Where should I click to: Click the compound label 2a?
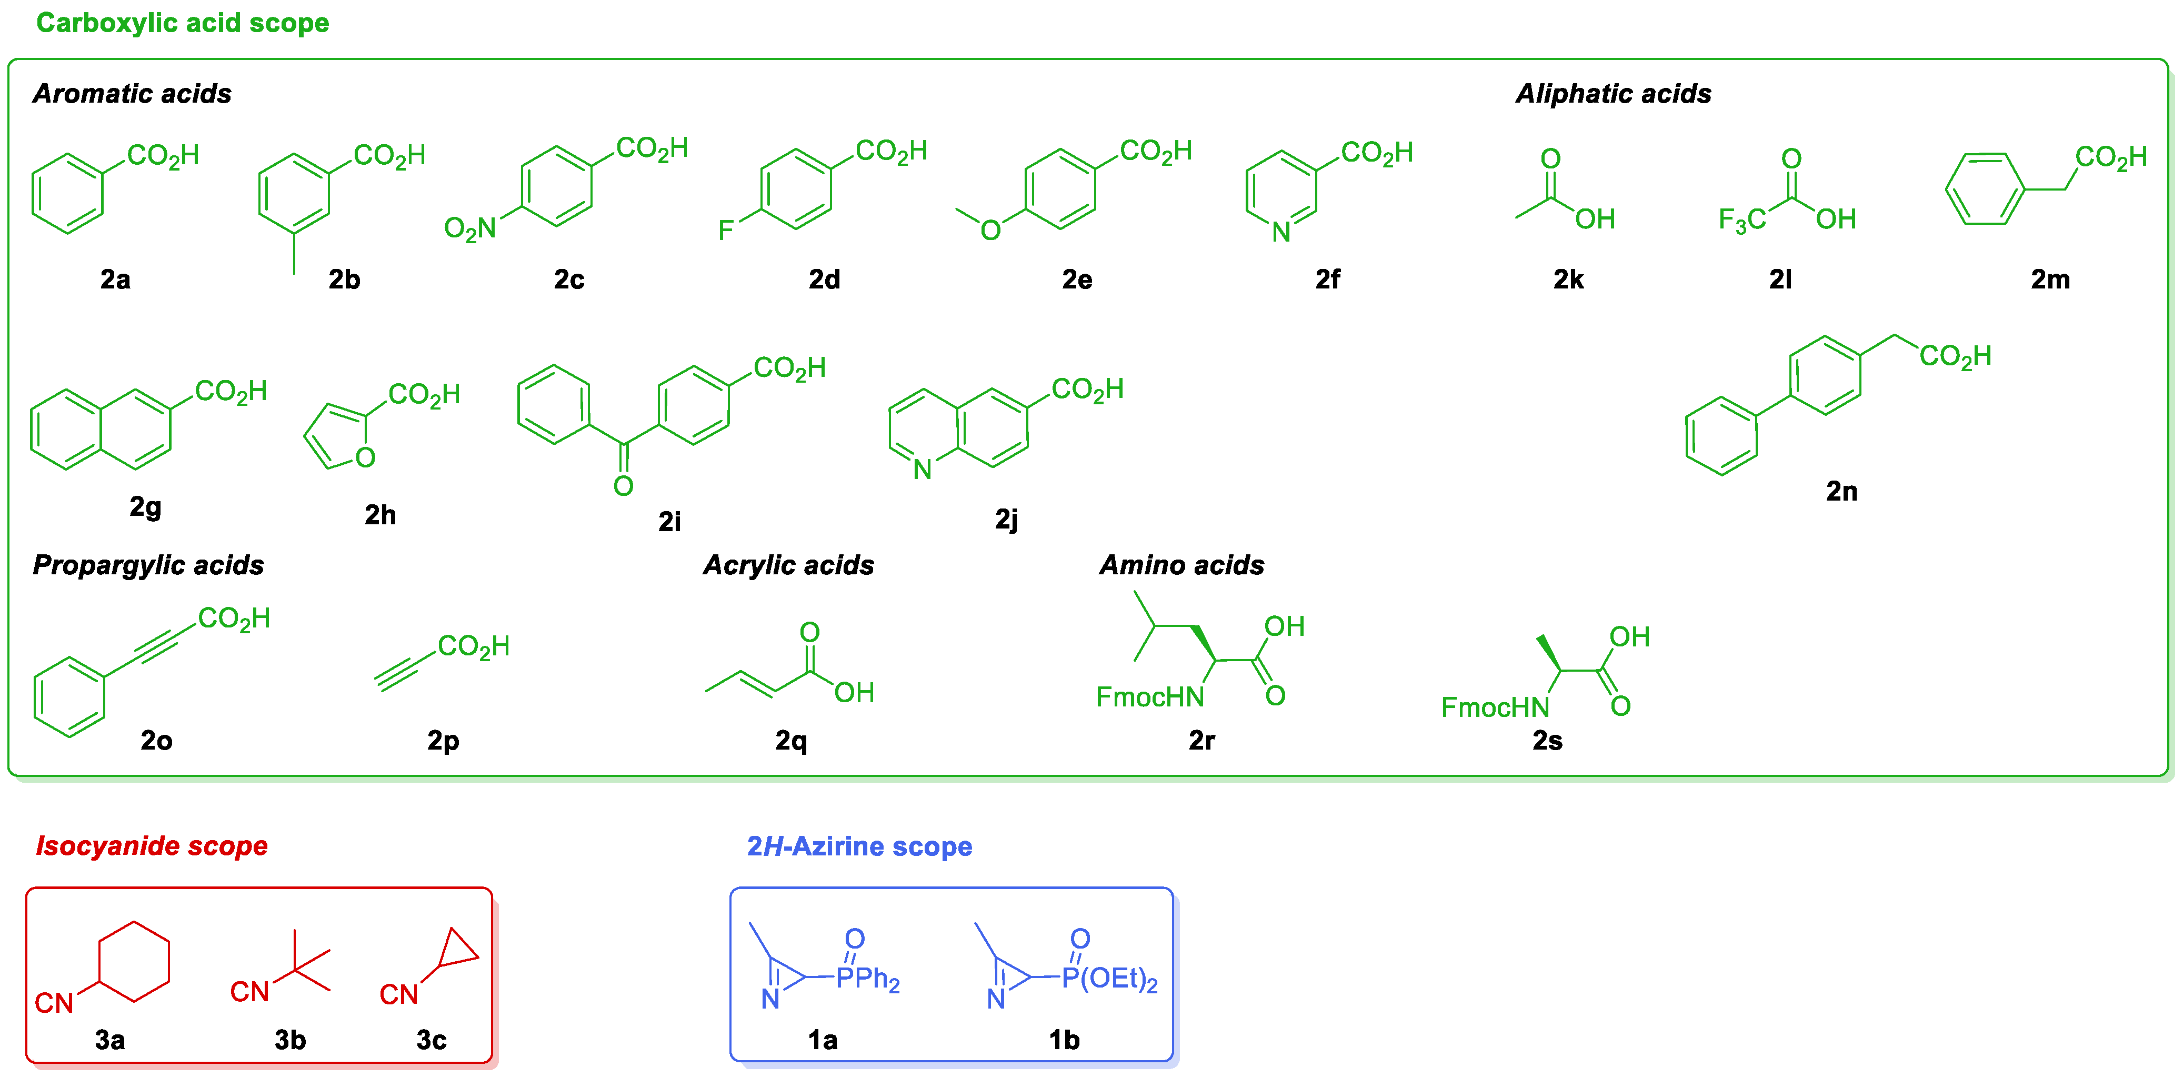(x=115, y=279)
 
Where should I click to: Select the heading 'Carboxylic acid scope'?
(x=182, y=23)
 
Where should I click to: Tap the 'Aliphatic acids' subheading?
(x=1613, y=93)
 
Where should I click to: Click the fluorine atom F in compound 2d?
(x=725, y=230)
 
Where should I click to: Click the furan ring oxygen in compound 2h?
(x=365, y=457)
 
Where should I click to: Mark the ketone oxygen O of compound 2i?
(x=624, y=485)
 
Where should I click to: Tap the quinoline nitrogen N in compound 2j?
(x=923, y=468)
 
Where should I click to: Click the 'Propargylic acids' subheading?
(x=148, y=565)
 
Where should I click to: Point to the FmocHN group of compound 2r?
(x=1150, y=696)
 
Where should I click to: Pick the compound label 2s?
(x=1547, y=741)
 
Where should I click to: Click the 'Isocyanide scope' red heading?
(x=152, y=846)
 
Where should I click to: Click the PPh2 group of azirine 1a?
(x=868, y=979)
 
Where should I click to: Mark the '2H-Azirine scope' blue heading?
(x=859, y=846)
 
